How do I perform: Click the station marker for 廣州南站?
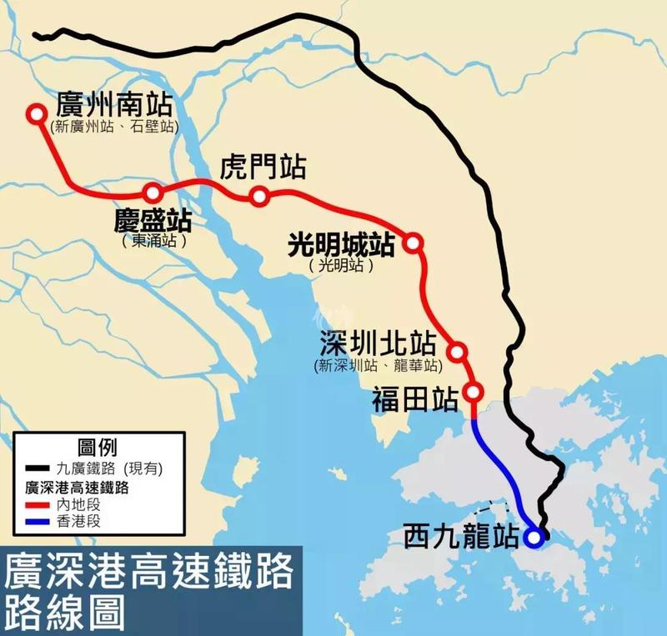pyautogui.click(x=36, y=114)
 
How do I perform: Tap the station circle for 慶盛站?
pyautogui.click(x=153, y=193)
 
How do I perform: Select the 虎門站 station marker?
pyautogui.click(x=258, y=197)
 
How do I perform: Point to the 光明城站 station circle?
pyautogui.click(x=412, y=243)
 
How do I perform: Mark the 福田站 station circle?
pyautogui.click(x=474, y=392)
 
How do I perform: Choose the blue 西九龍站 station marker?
pyautogui.click(x=534, y=538)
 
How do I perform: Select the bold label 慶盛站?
pyautogui.click(x=153, y=221)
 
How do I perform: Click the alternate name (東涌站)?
pyautogui.click(x=153, y=242)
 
